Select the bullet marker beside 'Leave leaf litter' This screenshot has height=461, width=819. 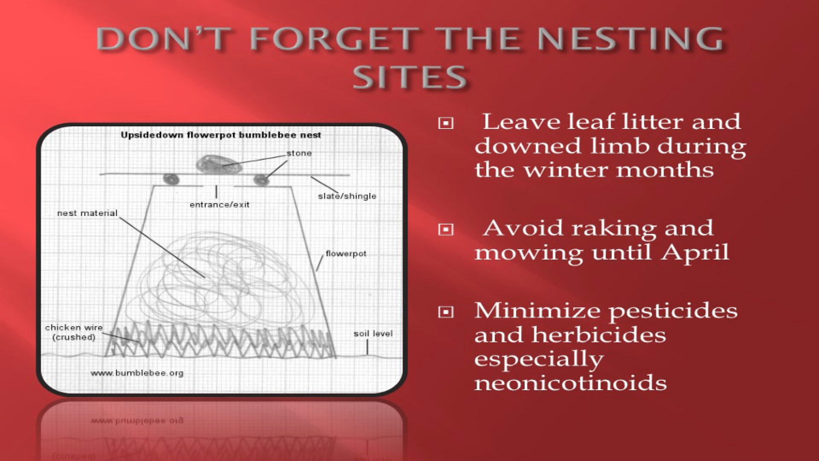tap(446, 124)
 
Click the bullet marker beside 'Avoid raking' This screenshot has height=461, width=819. tap(446, 230)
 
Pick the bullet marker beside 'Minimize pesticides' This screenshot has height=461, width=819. tap(446, 312)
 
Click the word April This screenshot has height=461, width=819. tap(695, 253)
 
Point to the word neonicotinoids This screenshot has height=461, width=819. tap(570, 382)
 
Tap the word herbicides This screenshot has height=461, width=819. tap(598, 335)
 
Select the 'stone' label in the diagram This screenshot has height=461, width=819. tap(299, 153)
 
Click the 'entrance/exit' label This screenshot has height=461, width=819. tap(219, 205)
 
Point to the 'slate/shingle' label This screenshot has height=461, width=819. tap(347, 196)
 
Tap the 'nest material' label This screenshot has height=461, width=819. tap(87, 213)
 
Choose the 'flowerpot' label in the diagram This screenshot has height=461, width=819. tap(346, 254)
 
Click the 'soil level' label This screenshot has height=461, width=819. tap(373, 334)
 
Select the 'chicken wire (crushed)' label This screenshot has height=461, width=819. tap(74, 333)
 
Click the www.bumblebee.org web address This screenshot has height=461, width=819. tap(137, 373)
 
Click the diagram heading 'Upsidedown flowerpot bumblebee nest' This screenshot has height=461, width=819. tap(221, 135)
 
